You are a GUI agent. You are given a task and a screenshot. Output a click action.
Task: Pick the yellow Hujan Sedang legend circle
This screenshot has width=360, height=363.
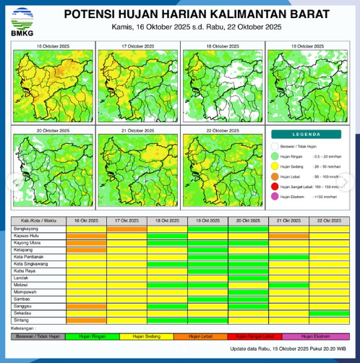click(x=275, y=166)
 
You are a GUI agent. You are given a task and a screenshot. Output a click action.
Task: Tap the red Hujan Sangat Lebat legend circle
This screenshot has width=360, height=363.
click(x=275, y=186)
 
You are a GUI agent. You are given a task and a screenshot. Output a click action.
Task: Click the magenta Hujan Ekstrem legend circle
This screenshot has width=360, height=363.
click(x=275, y=196)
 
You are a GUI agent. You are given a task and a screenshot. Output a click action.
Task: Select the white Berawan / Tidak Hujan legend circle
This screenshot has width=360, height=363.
click(x=275, y=146)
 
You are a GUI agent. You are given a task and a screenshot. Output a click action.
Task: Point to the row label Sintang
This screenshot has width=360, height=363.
click(x=22, y=320)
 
